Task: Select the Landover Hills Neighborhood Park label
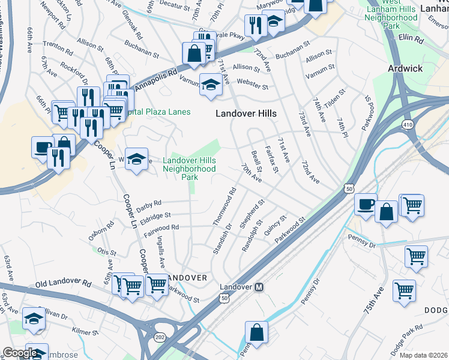point(189,164)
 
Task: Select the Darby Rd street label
point(149,203)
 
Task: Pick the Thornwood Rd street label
point(224,207)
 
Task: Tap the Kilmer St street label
point(84,331)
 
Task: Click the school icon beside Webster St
point(211,84)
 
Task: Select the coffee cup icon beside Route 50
point(365,204)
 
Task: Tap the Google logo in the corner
point(19,353)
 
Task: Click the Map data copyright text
point(424,355)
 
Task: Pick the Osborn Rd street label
point(101,232)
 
